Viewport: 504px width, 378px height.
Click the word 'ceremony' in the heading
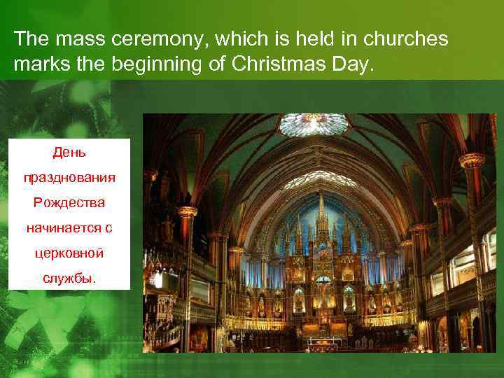[x=132, y=40]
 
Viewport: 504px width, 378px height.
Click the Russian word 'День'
[x=69, y=151]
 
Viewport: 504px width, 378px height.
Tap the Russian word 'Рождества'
[x=69, y=202]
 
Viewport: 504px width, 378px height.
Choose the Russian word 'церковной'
[x=69, y=253]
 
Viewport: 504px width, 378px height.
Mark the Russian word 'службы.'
[x=69, y=278]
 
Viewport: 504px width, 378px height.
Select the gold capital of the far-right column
[x=472, y=160]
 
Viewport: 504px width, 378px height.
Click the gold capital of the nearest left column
[x=188, y=211]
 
